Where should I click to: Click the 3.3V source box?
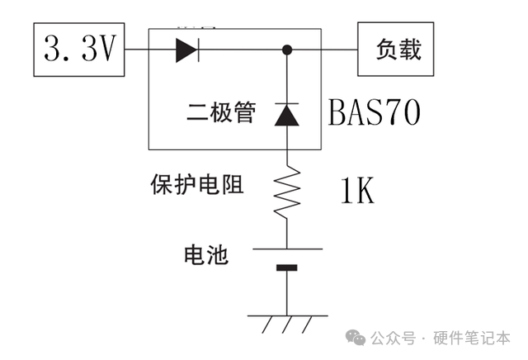78,50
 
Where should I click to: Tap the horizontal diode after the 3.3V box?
186,50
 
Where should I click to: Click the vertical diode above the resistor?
287,115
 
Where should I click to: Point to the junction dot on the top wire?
287,50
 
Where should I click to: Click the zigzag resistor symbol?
287,192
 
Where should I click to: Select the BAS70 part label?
374,112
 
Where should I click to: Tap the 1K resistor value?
356,192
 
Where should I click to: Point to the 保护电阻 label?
196,183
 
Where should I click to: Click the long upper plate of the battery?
287,248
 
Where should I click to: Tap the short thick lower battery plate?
287,267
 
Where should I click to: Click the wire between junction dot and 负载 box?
323,50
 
